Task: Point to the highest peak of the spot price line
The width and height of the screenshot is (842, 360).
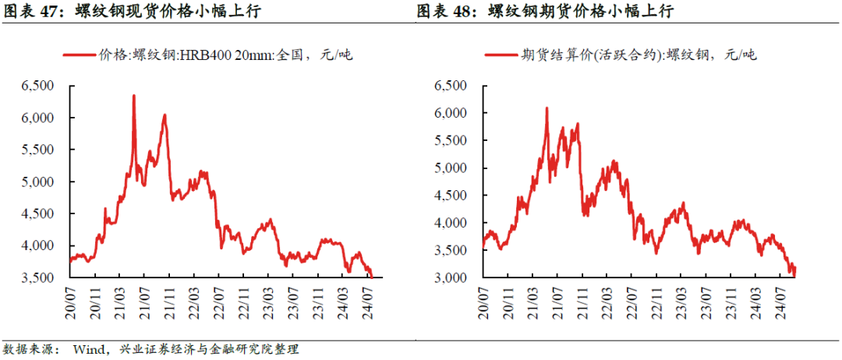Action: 133,96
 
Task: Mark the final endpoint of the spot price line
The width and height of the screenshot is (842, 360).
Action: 372,277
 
